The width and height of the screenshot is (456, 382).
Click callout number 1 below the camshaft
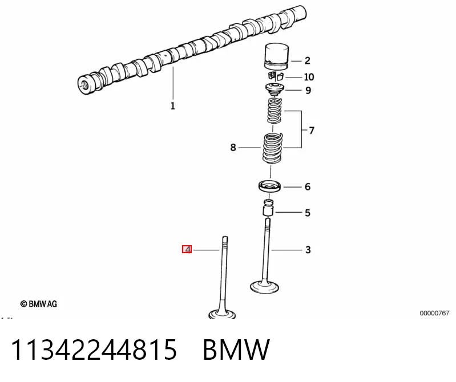173,105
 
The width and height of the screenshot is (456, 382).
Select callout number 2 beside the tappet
308,60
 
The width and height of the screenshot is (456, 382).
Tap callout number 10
309,77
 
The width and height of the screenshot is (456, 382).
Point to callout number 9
308,90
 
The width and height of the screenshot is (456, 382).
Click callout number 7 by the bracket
312,131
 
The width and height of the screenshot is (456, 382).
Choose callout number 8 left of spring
233,147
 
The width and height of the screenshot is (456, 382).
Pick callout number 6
308,186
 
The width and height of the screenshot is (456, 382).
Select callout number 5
308,213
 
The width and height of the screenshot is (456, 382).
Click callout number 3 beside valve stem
308,250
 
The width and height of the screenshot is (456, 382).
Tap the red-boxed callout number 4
187,249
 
